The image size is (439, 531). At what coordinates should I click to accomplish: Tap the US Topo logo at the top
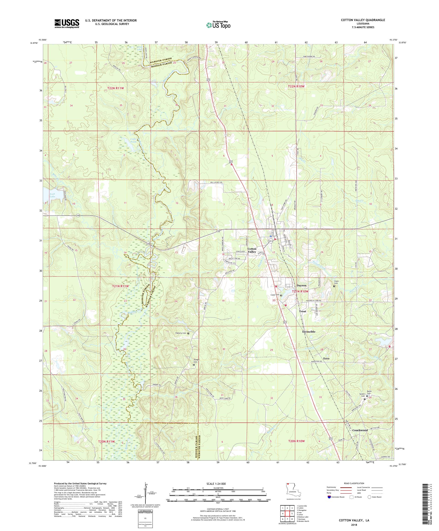tap(219, 25)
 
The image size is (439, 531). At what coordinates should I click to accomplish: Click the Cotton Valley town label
tap(252, 250)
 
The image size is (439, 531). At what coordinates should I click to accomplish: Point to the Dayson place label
tap(301, 285)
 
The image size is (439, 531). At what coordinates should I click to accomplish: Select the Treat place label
tap(302, 311)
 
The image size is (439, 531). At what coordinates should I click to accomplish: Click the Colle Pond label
tap(133, 141)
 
